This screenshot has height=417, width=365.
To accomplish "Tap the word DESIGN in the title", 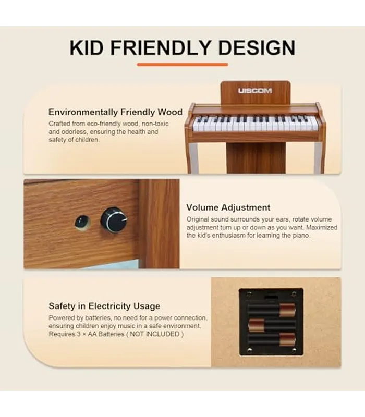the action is point(257,48).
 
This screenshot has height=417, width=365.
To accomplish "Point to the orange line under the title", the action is point(182,64).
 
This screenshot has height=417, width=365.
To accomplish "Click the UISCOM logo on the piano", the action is point(255,91).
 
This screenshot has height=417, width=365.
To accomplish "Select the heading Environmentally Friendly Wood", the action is point(115,112).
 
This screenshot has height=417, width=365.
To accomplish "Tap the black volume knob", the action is point(114,220).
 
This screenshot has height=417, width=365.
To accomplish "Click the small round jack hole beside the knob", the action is point(82,222).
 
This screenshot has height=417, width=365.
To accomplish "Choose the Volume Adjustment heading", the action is point(228,207).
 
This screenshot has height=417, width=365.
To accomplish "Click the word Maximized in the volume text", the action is point(322,227).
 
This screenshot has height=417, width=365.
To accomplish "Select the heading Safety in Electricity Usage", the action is point(104,306).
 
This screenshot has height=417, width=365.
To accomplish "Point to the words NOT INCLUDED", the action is point(154,334).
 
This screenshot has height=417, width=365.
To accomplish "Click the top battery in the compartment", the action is point(272,310).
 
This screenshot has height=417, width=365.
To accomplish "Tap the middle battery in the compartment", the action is point(272,325).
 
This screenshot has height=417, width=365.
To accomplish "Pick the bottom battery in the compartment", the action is point(272,339).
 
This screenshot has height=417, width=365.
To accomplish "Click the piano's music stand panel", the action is point(256,93).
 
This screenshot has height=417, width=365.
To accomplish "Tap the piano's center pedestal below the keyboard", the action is point(256,158).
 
